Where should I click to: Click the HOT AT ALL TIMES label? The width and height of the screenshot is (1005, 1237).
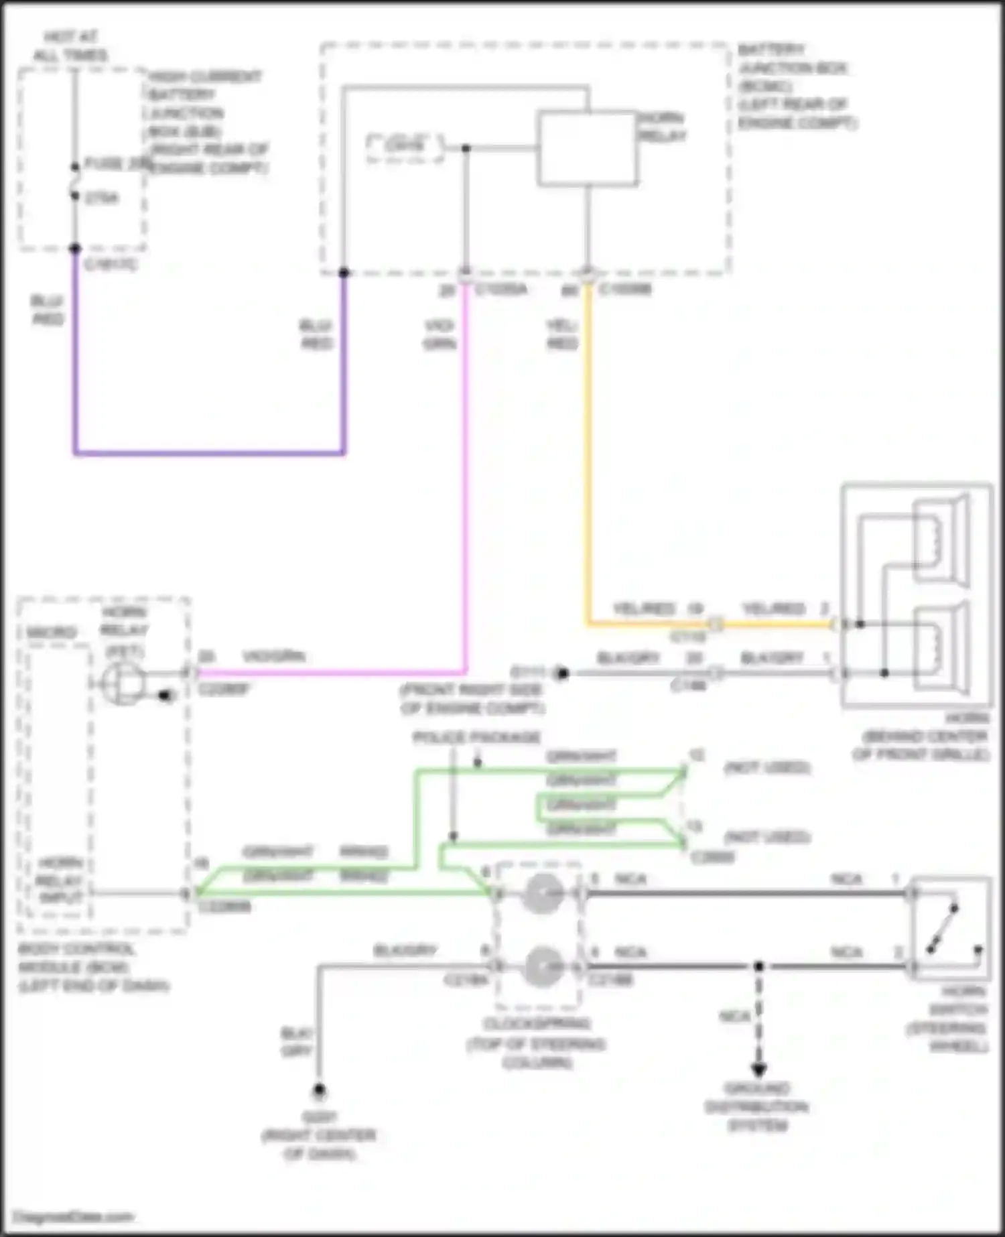pyautogui.click(x=70, y=46)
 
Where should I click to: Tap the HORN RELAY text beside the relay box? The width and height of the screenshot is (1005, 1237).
pyautogui.click(x=662, y=127)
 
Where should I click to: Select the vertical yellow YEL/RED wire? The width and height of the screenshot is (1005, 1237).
pyautogui.click(x=588, y=456)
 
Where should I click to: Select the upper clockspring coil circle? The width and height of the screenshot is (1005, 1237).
pyautogui.click(x=542, y=893)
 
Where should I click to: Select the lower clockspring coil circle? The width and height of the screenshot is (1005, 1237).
pyautogui.click(x=542, y=966)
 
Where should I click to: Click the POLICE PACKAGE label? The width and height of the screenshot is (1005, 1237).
pyautogui.click(x=476, y=738)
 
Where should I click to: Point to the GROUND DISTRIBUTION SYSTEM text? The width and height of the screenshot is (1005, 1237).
pyautogui.click(x=756, y=1106)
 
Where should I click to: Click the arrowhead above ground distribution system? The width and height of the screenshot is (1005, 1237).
pyautogui.click(x=758, y=1069)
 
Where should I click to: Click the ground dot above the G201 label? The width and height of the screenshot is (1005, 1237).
pyautogui.click(x=319, y=1090)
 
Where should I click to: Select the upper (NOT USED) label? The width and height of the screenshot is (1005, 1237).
pyautogui.click(x=767, y=767)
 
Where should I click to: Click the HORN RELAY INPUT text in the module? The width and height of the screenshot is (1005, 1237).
pyautogui.click(x=60, y=880)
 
